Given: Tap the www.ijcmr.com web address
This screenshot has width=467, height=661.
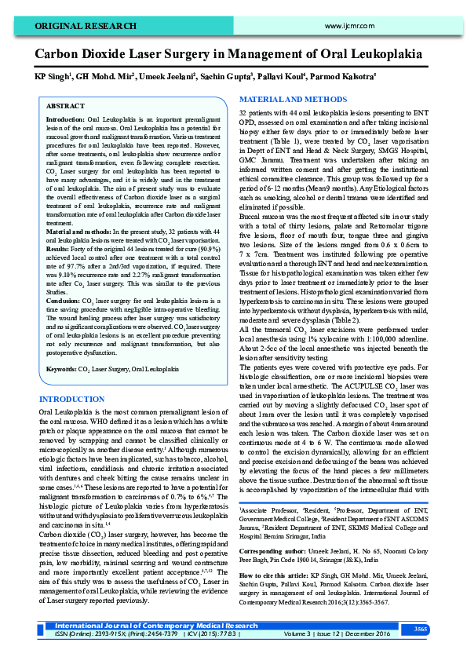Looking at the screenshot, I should [349, 25].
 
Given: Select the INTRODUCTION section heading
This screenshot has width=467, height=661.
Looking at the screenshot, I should [71, 400].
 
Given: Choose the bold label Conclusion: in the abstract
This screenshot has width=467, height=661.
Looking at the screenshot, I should [64, 301].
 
